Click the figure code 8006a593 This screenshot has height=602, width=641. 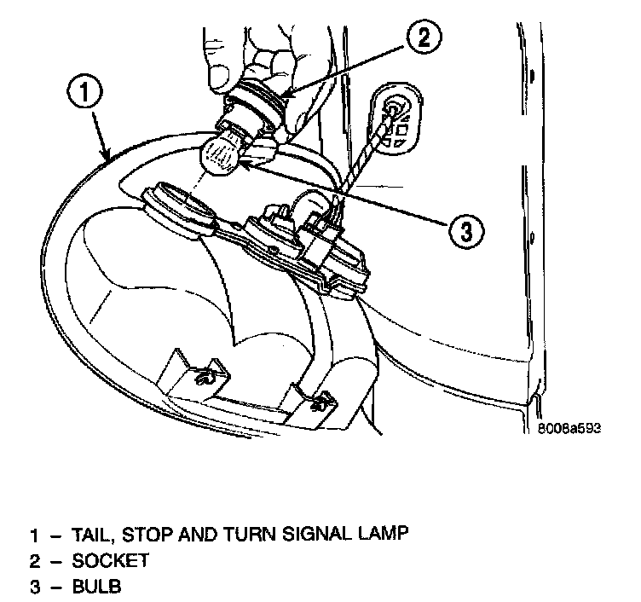pos(569,429)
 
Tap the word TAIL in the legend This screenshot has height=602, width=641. pos(91,535)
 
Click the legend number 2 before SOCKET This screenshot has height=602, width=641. pos(33,561)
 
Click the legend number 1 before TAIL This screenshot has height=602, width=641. pos(34,535)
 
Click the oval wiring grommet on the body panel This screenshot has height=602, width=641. pos(397,120)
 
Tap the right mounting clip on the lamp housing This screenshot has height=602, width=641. pos(319,399)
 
